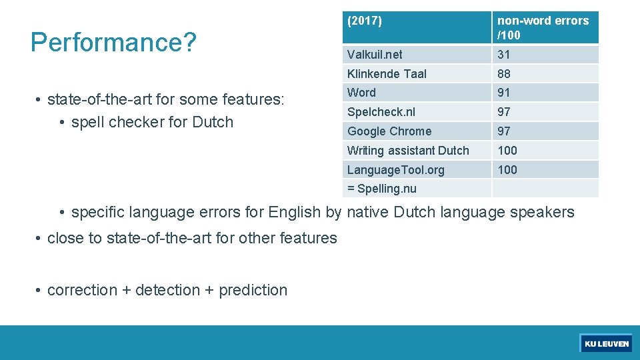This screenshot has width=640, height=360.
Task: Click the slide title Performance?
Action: [x=113, y=42]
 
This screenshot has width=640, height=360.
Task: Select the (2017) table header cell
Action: [x=365, y=21]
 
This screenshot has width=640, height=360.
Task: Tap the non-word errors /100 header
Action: [x=543, y=27]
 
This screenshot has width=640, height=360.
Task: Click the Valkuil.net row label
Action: [x=375, y=55]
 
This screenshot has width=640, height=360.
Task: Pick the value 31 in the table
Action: [x=503, y=55]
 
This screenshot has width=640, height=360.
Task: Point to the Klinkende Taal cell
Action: [x=387, y=74]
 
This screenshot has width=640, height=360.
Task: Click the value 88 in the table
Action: [x=503, y=74]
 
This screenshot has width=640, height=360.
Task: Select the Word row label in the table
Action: [x=361, y=93]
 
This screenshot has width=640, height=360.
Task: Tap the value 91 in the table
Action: [x=503, y=93]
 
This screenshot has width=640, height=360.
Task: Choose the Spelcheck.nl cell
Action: [x=381, y=112]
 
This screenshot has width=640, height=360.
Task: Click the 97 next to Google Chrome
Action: [x=503, y=131]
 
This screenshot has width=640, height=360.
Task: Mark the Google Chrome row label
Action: [x=389, y=131]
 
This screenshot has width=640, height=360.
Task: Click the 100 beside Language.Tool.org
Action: [x=507, y=170]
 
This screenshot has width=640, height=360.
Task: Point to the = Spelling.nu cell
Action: [x=381, y=189]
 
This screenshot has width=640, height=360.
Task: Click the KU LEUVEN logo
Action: [x=606, y=343]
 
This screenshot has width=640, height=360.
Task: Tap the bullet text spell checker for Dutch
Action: [x=152, y=122]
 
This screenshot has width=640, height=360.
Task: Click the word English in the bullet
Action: [x=295, y=213]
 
